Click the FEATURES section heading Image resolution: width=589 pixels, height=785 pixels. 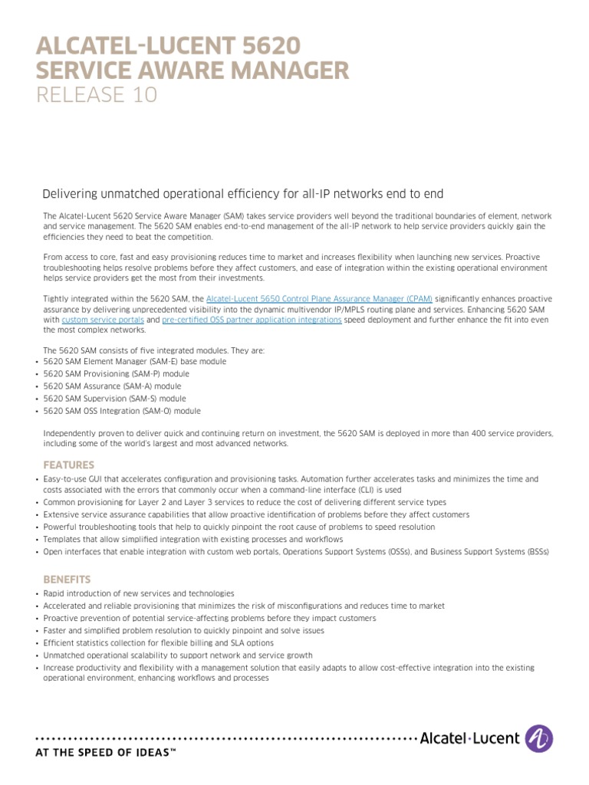[x=69, y=465]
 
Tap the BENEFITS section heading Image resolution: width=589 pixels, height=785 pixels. [x=67, y=580]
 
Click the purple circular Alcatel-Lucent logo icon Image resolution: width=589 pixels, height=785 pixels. [x=538, y=738]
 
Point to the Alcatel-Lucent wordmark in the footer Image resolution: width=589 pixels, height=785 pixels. [x=469, y=739]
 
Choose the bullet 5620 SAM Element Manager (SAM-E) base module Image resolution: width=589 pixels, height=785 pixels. [x=123, y=361]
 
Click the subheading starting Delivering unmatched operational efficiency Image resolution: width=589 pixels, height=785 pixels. [x=243, y=194]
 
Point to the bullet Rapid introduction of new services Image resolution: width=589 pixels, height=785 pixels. [x=139, y=594]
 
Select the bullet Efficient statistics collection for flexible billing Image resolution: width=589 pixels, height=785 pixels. [x=158, y=643]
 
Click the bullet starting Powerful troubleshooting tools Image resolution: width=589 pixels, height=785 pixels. [x=239, y=527]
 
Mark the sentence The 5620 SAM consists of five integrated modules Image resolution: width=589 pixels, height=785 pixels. [x=153, y=350]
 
